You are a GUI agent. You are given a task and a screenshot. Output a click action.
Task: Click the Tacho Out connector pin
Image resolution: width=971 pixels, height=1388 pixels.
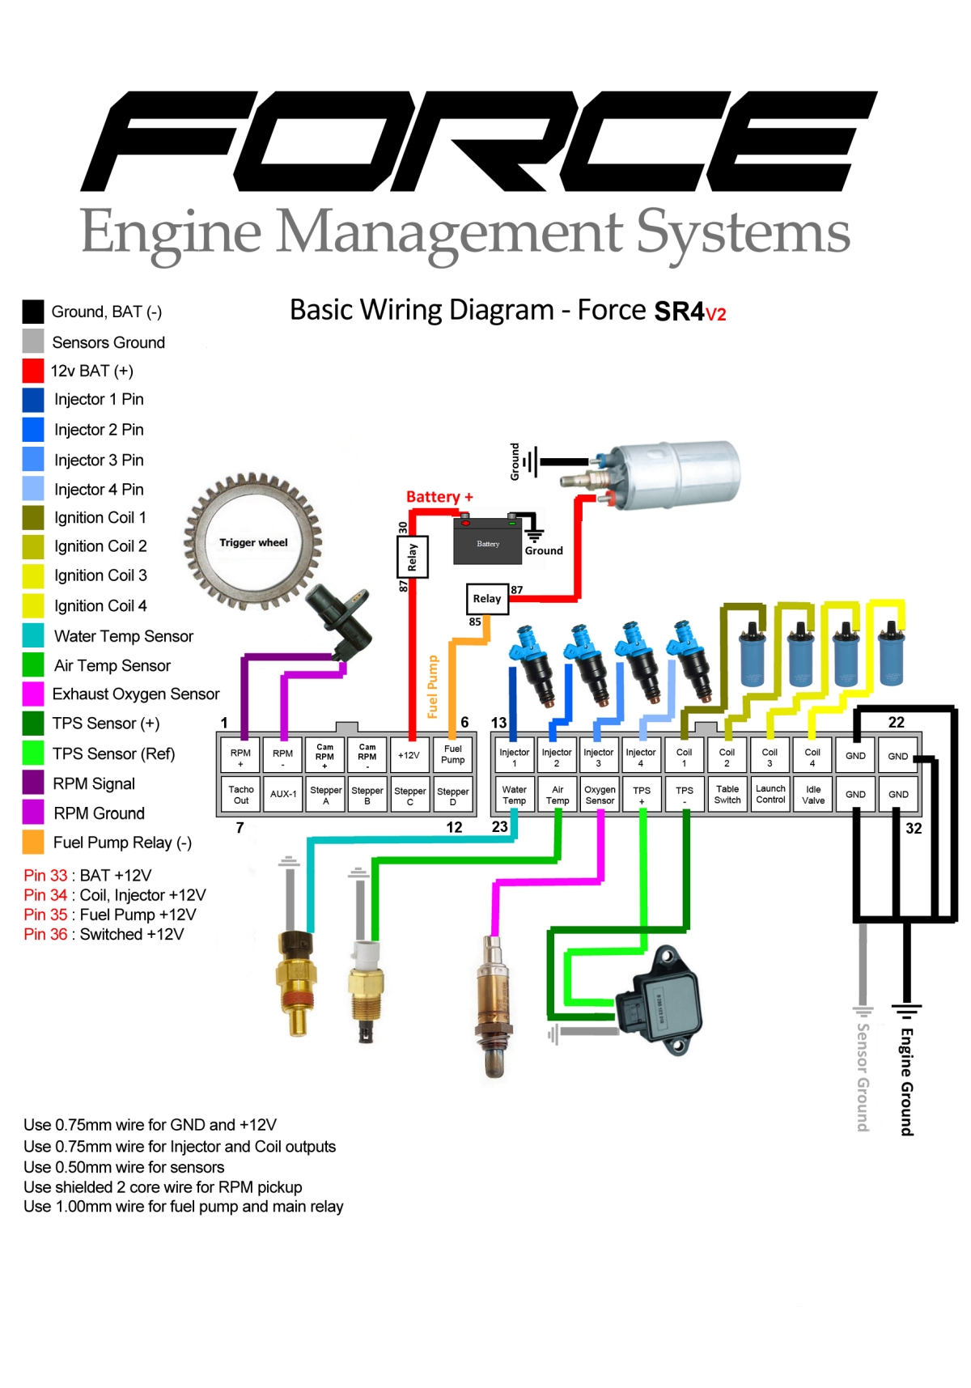[241, 795]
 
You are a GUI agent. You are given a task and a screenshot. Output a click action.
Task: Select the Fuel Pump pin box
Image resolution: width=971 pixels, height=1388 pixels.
[453, 754]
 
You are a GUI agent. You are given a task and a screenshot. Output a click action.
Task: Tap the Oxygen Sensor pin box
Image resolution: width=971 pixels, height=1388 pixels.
[600, 795]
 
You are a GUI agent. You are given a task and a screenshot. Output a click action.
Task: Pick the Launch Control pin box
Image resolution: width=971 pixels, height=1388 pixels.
[770, 794]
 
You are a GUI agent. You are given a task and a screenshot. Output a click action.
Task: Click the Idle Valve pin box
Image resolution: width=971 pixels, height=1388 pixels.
[813, 795]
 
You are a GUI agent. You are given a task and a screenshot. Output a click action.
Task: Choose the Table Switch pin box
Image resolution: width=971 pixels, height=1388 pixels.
[727, 794]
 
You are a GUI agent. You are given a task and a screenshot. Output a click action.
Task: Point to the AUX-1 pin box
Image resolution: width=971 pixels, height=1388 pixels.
[283, 795]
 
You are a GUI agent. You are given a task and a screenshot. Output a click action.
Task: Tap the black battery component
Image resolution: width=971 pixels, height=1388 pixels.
[488, 544]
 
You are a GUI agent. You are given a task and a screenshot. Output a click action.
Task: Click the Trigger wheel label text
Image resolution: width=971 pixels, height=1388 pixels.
[253, 542]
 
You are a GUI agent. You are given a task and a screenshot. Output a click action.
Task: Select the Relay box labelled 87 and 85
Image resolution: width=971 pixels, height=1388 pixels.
[487, 599]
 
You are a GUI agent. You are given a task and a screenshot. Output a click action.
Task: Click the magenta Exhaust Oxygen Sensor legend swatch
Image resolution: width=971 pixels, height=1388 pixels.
[33, 694]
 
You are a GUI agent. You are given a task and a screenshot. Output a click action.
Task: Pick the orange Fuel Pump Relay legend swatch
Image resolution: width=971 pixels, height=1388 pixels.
[33, 843]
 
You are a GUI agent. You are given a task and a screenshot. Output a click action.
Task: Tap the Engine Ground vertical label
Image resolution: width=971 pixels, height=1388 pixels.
[907, 1081]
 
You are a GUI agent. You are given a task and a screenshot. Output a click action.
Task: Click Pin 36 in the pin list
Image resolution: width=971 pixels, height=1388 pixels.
[45, 935]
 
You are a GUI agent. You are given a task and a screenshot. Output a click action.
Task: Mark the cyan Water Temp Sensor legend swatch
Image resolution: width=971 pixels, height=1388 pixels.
[33, 636]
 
